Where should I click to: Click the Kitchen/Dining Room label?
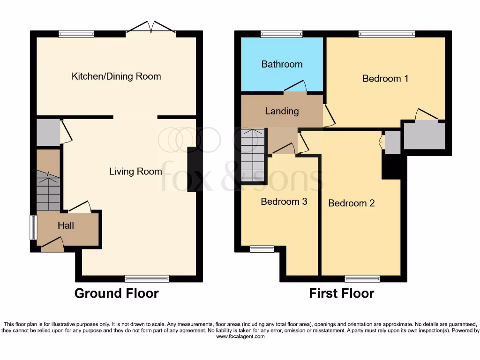[x=116, y=76]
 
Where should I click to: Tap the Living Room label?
[x=135, y=172]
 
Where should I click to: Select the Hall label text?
[x=66, y=225]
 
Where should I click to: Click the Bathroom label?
[x=282, y=64]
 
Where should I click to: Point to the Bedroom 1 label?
[x=385, y=78]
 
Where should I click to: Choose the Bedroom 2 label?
[x=352, y=203]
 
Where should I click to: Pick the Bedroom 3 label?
[x=284, y=202]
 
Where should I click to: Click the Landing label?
[x=282, y=111]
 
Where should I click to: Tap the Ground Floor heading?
[x=117, y=293]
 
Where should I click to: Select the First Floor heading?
[x=341, y=293]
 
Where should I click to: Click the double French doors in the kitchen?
[x=151, y=28]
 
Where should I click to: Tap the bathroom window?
[x=282, y=34]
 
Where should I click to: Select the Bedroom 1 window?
[x=387, y=34]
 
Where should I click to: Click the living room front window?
[x=147, y=279]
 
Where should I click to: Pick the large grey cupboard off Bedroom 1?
[x=425, y=135]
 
